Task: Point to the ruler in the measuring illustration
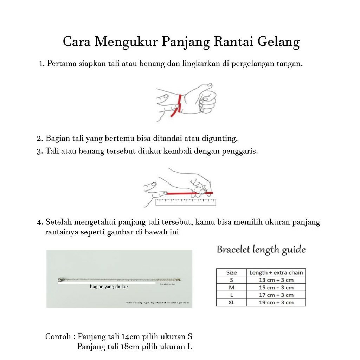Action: [x=185, y=202]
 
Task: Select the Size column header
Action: [x=231, y=272]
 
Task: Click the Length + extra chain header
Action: [x=276, y=272]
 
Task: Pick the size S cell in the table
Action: [x=231, y=280]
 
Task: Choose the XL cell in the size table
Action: [x=231, y=302]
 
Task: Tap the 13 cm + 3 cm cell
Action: [x=276, y=280]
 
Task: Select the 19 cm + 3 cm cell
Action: [x=276, y=302]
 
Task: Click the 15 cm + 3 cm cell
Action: [x=276, y=288]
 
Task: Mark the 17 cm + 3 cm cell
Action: [x=276, y=295]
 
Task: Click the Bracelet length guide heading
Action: [x=261, y=250]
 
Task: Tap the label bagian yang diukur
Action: [x=109, y=287]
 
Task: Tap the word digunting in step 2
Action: [x=221, y=138]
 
